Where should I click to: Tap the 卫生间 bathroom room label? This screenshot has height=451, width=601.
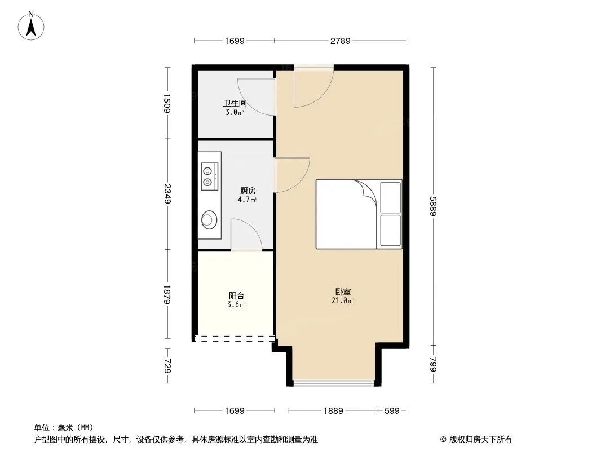click(x=235, y=104)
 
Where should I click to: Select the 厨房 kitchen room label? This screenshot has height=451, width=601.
click(x=248, y=191)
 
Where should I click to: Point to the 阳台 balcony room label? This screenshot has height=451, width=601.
click(x=236, y=296)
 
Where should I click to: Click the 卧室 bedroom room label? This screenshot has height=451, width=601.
click(x=343, y=292)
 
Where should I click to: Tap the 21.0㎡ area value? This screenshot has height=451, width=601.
click(x=343, y=301)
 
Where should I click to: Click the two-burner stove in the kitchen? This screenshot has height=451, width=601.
click(x=210, y=176)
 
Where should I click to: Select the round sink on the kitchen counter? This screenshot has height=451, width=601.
click(x=209, y=220)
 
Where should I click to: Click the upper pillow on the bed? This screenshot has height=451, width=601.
click(x=391, y=197)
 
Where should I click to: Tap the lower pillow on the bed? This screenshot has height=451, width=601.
click(x=391, y=230)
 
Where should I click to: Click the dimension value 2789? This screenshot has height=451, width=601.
click(x=341, y=41)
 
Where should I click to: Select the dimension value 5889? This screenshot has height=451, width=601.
click(x=433, y=206)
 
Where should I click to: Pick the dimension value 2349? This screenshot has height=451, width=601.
click(x=167, y=194)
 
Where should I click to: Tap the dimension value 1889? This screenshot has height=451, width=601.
click(x=333, y=411)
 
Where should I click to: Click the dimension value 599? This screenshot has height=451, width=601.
click(x=392, y=411)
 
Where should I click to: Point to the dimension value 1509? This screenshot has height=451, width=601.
click(x=167, y=103)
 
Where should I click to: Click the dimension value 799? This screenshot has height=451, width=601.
click(x=433, y=364)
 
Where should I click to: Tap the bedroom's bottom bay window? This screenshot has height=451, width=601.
click(x=333, y=383)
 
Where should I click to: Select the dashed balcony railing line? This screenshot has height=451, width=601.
click(x=235, y=339)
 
